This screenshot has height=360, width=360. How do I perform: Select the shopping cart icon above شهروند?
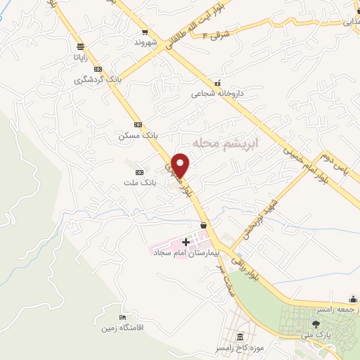click(145, 32)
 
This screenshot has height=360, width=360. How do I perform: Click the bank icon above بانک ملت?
click(139, 172)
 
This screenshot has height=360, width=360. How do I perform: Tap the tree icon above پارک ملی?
click(316, 324)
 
